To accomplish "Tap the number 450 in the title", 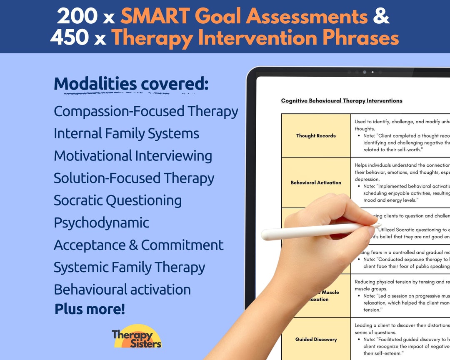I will [x=69, y=38].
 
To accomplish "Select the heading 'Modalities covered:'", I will [x=131, y=84].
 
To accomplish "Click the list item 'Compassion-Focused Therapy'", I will [x=146, y=111].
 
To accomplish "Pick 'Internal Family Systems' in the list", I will [x=126, y=133].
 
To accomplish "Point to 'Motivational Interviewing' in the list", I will [x=133, y=155].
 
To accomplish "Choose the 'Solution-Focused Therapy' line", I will [x=134, y=178].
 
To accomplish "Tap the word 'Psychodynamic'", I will [x=101, y=222].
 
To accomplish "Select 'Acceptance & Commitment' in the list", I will [x=138, y=245].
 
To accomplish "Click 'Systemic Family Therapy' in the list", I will [x=129, y=267].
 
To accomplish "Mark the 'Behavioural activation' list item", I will [x=122, y=289].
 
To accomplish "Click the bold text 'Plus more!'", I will [x=90, y=309].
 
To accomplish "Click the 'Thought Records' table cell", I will [x=316, y=135].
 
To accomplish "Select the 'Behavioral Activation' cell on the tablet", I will [x=316, y=182].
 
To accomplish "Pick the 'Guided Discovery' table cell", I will [x=316, y=339].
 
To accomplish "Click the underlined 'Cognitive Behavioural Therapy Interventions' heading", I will [x=342, y=101].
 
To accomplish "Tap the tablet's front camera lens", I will [x=364, y=72].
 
